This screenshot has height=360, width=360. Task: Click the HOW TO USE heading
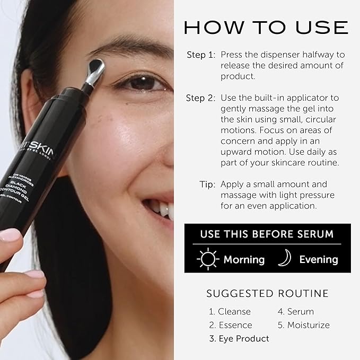pos(266,27)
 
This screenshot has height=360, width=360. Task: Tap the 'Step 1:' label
pos(200,55)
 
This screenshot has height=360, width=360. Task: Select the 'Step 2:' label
pos(200,98)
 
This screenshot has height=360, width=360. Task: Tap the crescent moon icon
pos(284,258)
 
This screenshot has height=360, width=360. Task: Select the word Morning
pos(243,259)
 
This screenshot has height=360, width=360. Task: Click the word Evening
pos(318,259)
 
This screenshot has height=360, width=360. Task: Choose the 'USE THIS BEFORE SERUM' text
pos(267,234)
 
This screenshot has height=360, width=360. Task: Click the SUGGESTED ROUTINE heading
pos(267,293)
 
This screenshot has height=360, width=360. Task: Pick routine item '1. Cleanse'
pos(230,311)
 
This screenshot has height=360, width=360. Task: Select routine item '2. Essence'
pos(231,325)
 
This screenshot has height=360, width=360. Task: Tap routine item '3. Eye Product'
pos(239,338)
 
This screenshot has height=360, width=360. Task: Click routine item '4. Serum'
pos(296,311)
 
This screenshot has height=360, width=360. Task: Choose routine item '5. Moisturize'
pos(304,325)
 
